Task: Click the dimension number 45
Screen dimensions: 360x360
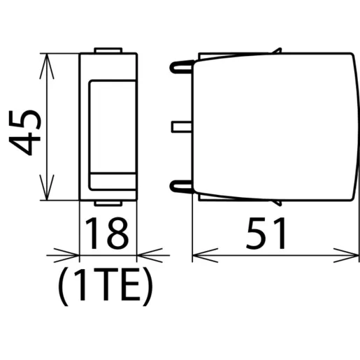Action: pos(24,133)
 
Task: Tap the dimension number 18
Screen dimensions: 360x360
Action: pos(107,233)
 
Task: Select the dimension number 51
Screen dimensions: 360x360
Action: pos(266,233)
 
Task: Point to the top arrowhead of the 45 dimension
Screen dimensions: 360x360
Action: pos(47,66)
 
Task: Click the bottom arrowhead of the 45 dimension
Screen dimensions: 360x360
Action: pos(47,187)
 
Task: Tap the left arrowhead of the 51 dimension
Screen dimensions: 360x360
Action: pos(206,255)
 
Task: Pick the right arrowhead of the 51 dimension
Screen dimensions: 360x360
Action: pos(346,255)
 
